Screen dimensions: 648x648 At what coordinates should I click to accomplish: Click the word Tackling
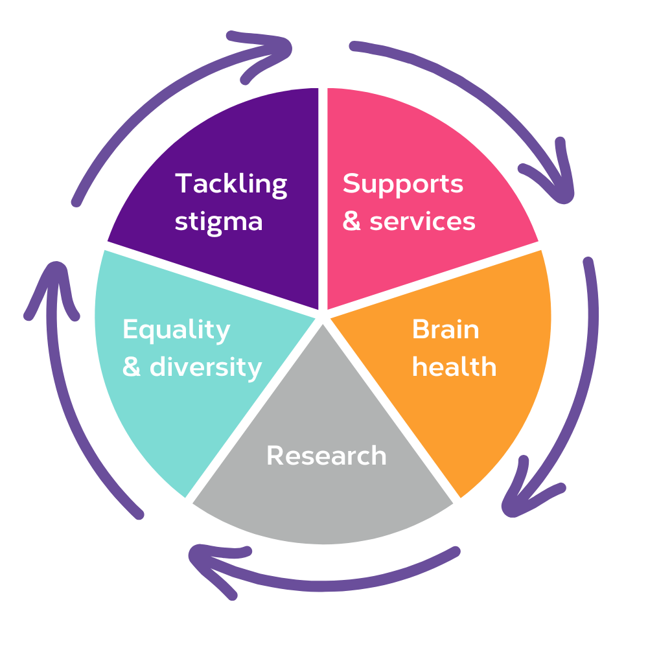point(231,184)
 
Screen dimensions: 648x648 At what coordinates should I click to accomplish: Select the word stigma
point(218,222)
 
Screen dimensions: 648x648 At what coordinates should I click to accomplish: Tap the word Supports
point(402,184)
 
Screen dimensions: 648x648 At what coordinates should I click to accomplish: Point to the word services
point(422,222)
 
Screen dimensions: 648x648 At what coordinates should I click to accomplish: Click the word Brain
point(445,330)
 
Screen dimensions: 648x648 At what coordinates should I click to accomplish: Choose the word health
point(454,367)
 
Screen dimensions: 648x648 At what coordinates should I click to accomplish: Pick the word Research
point(326,456)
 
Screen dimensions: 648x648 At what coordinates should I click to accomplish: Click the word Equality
point(176,330)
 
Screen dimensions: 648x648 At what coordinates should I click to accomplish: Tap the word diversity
point(205,367)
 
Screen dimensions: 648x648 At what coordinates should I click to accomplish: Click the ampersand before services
point(351,222)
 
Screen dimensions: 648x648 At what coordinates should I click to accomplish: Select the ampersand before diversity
point(132,367)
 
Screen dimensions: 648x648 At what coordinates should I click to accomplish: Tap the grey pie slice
point(324,505)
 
